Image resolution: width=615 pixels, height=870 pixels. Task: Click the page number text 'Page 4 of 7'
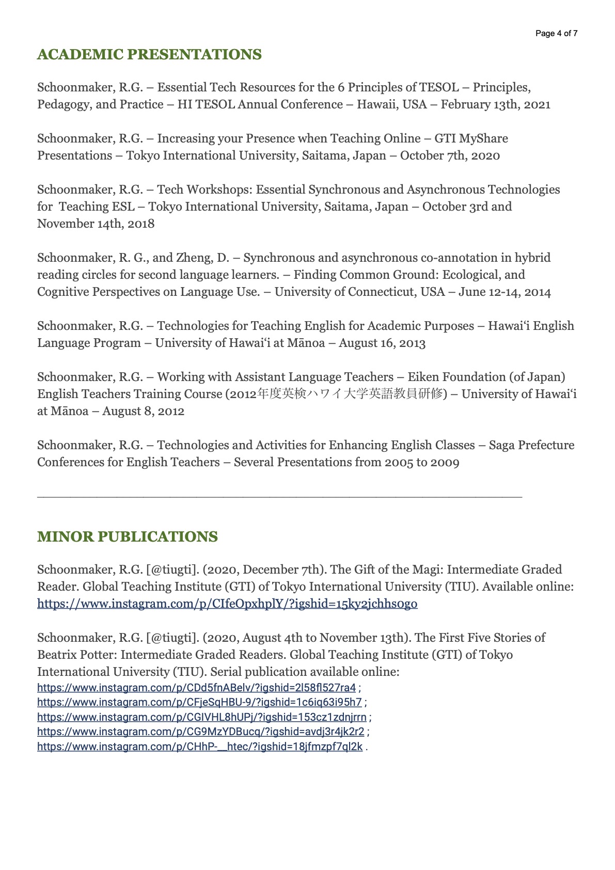(556, 34)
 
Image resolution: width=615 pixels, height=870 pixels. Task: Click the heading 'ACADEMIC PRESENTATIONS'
(149, 55)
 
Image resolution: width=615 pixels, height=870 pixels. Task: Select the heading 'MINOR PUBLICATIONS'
(127, 537)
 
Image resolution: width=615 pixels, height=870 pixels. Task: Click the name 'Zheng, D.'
(203, 258)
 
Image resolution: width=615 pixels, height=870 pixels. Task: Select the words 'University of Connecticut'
(345, 292)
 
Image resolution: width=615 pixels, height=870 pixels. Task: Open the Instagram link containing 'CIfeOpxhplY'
(227, 604)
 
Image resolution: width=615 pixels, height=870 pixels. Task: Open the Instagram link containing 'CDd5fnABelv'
(196, 688)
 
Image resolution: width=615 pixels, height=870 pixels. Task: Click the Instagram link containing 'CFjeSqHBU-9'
(199, 702)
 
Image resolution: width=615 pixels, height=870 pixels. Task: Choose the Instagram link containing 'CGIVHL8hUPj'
(201, 717)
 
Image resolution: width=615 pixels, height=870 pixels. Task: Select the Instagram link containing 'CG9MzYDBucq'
(200, 732)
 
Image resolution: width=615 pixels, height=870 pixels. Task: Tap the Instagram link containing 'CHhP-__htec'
(199, 747)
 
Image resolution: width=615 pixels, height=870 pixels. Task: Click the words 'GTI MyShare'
(471, 139)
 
